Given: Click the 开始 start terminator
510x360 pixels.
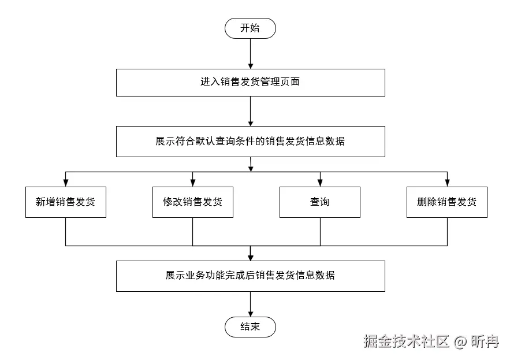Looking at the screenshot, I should tap(250, 28).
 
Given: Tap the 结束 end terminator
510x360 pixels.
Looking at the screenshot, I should tap(250, 327).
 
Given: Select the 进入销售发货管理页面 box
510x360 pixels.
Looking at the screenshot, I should tap(250, 82).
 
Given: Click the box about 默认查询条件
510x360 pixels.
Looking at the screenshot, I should tap(250, 142).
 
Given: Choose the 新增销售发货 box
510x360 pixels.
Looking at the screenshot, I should tap(65, 202).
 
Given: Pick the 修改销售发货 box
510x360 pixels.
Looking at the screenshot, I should tap(192, 202).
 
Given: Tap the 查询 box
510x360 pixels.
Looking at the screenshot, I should tap(319, 202).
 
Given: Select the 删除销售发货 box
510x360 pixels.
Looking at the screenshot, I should tap(446, 202).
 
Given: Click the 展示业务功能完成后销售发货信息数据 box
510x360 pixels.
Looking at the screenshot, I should tap(250, 276).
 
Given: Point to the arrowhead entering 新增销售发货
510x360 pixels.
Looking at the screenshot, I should tap(65, 183).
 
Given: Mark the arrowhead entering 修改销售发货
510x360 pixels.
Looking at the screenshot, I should tap(192, 183).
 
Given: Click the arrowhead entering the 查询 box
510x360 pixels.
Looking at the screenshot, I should tap(319, 183).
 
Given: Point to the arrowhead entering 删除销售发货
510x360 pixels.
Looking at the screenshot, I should tap(446, 183).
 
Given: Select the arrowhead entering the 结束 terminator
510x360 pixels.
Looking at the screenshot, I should tap(250, 314).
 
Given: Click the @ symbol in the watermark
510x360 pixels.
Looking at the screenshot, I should tap(460, 342).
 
